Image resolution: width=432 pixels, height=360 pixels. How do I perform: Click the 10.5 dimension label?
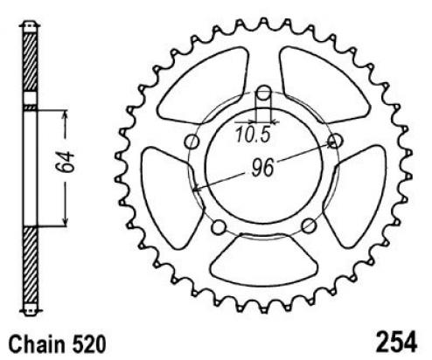pyautogui.click(x=254, y=135)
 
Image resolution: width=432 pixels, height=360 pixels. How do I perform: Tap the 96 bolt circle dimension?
pyautogui.click(x=262, y=168)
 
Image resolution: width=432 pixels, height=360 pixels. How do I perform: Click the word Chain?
pyautogui.click(x=37, y=345)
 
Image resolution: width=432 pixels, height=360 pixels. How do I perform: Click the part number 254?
pyautogui.click(x=397, y=342)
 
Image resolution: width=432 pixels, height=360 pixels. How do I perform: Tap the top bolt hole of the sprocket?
pyautogui.click(x=264, y=93)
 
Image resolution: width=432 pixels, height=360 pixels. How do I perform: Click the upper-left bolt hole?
pyautogui.click(x=192, y=142)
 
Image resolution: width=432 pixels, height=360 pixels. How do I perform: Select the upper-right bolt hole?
pyautogui.click(x=335, y=141)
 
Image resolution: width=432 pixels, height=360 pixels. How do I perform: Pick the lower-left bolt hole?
pyautogui.click(x=219, y=227)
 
